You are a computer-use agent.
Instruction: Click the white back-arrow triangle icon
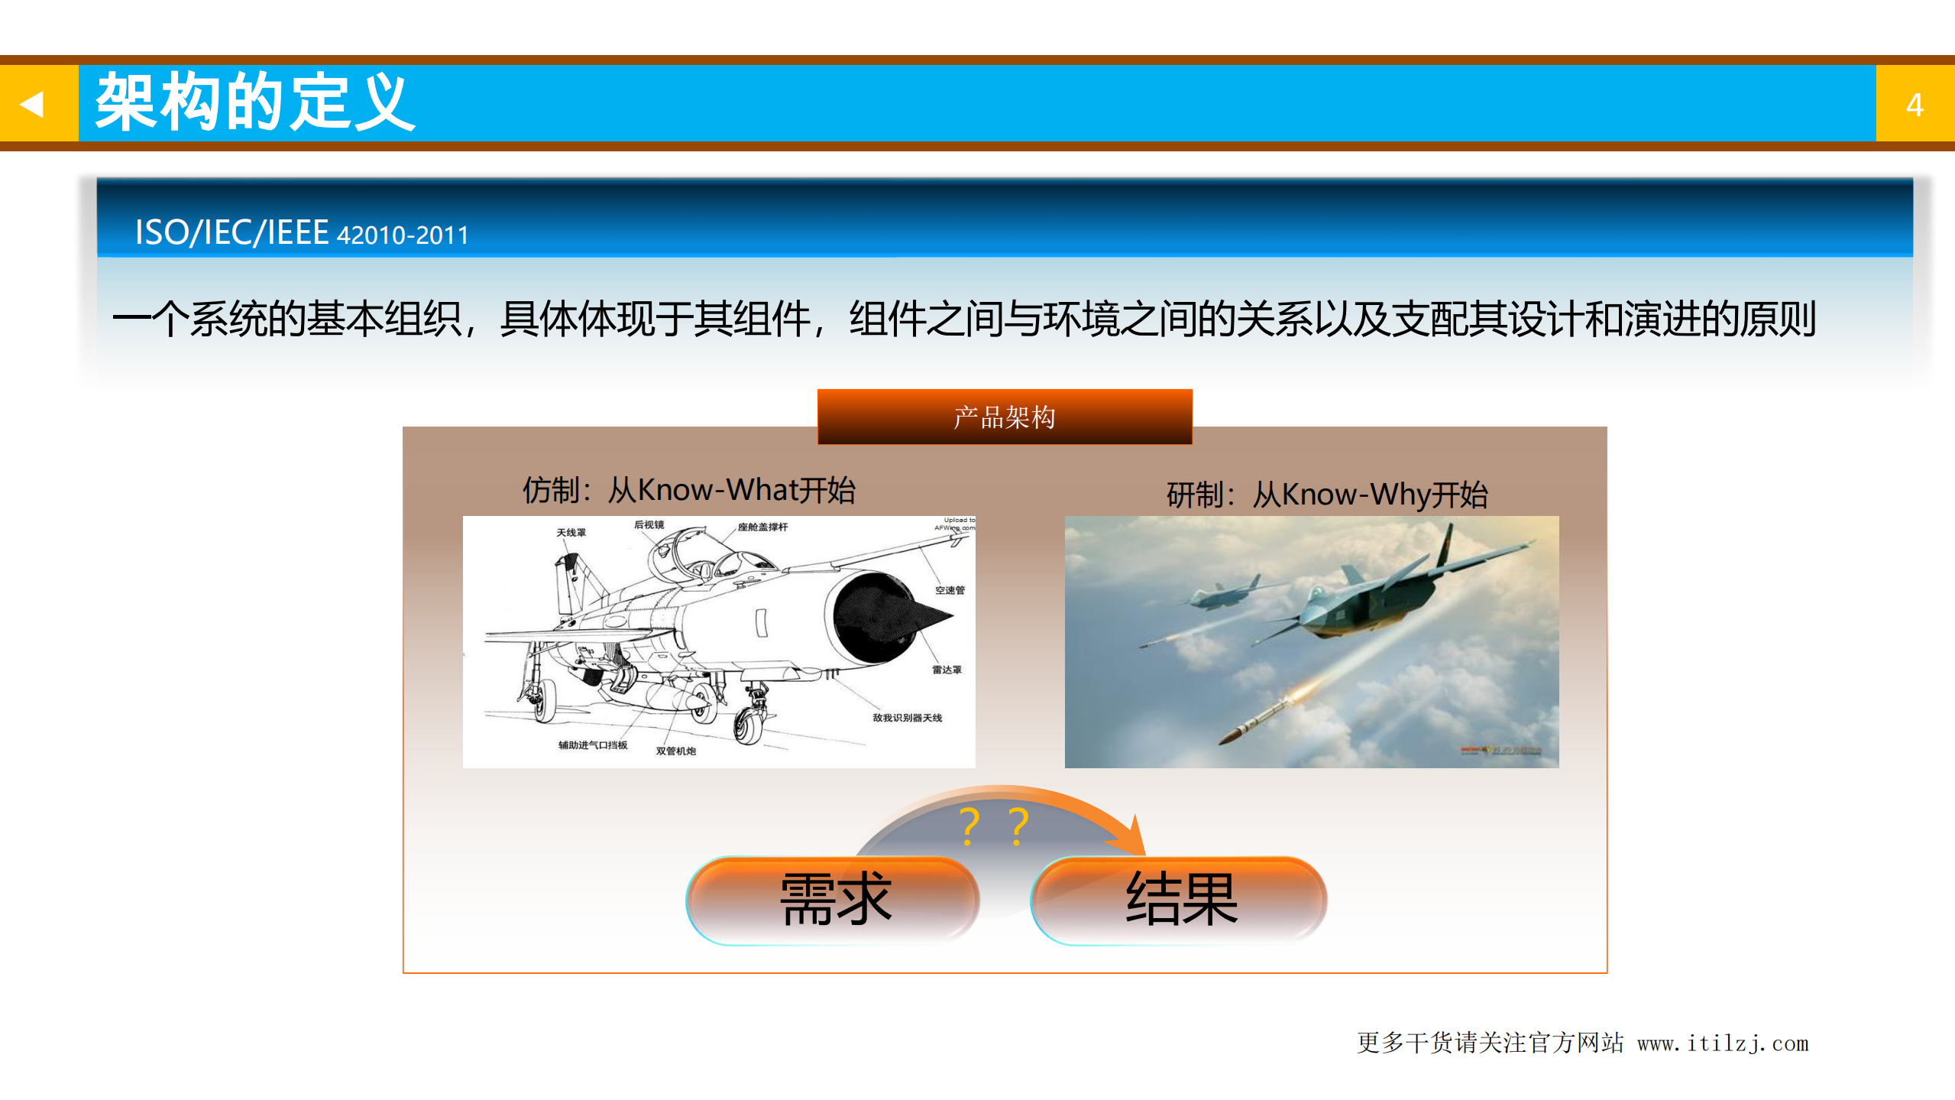tap(32, 103)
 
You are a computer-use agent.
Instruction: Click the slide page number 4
tap(1914, 105)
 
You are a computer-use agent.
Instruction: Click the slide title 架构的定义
tap(254, 102)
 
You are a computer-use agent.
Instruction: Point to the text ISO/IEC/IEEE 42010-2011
tap(301, 232)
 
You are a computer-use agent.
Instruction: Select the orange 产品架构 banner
tap(1004, 417)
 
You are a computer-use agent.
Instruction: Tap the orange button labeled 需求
tap(834, 900)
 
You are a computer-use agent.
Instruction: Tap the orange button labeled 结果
tap(1180, 900)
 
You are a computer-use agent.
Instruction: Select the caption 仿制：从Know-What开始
tap(688, 490)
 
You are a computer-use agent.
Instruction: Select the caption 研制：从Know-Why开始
tap(1326, 495)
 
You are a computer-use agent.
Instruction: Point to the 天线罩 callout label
tap(571, 533)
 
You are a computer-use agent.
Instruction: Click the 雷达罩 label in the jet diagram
tap(946, 670)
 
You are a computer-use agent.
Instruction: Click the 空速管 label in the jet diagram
tap(950, 590)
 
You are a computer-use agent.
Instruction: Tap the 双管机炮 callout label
tap(675, 751)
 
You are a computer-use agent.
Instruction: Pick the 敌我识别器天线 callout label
tap(907, 718)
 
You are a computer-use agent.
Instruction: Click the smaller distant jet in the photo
tap(1222, 592)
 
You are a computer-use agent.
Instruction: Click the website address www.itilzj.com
tap(1722, 1043)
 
